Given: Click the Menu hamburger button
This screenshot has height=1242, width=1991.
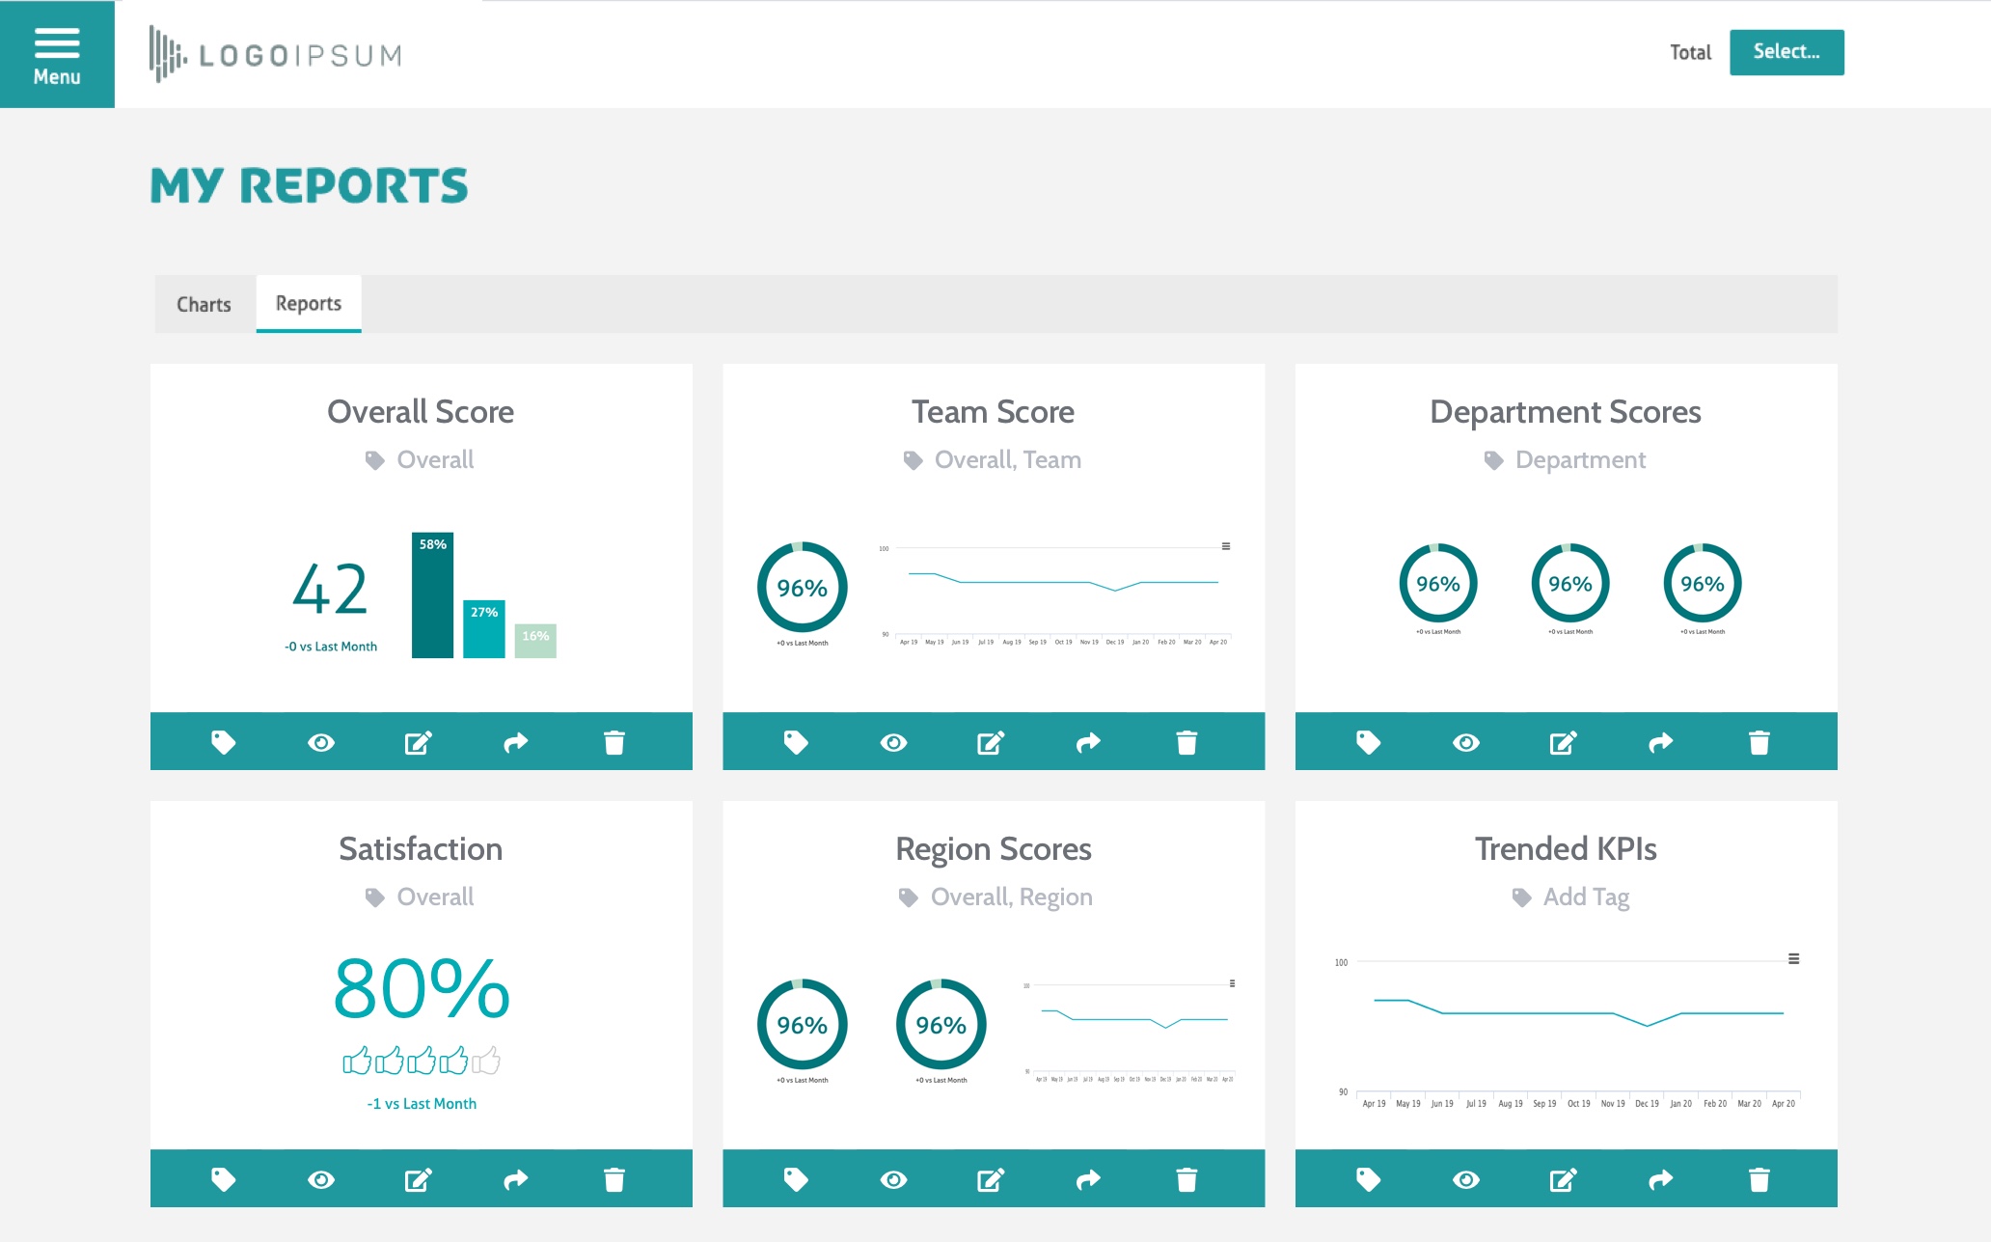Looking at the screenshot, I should [x=57, y=54].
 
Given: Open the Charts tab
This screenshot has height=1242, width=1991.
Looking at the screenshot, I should [x=204, y=305].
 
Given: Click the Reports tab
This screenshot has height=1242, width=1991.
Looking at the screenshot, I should [x=309, y=304].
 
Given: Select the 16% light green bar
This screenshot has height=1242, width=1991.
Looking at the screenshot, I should [x=535, y=640].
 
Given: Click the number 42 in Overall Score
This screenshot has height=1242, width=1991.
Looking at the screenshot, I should [x=330, y=590].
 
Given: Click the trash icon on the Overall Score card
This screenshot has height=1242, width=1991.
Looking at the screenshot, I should [x=614, y=742].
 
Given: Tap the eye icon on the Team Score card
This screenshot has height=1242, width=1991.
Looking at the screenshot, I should [x=893, y=742].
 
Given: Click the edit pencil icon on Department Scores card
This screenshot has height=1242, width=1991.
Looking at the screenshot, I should [x=1563, y=742].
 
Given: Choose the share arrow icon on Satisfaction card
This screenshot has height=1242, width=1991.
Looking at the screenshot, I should [x=516, y=1179].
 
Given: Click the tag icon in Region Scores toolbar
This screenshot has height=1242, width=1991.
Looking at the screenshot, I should [x=796, y=1179].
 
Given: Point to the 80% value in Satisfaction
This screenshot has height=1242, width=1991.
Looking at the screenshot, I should [x=422, y=989].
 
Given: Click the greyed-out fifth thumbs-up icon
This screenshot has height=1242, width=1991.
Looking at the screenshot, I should [x=486, y=1061].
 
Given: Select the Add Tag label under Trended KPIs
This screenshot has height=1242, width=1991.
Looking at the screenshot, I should [x=1586, y=897].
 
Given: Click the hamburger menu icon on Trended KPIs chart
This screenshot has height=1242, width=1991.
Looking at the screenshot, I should [x=1793, y=959].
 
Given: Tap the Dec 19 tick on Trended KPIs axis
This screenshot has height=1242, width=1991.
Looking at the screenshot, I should [x=1647, y=1103].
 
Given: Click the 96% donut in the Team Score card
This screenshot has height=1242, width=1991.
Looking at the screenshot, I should [x=802, y=588].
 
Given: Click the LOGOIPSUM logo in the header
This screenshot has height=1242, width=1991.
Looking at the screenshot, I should [x=276, y=55].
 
